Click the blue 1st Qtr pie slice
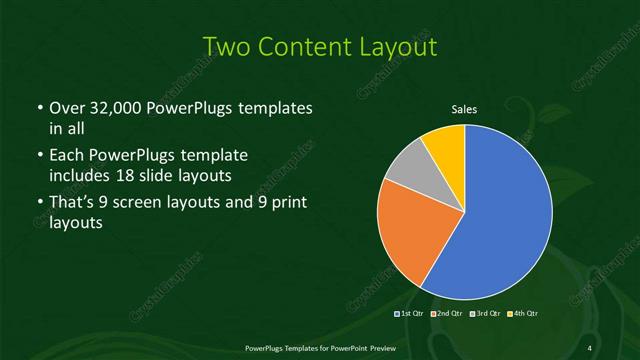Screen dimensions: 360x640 tap(500, 215)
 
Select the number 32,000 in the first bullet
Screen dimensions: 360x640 tap(109, 107)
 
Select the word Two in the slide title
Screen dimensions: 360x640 tap(226, 47)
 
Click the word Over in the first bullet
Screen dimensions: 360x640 tap(67, 107)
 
